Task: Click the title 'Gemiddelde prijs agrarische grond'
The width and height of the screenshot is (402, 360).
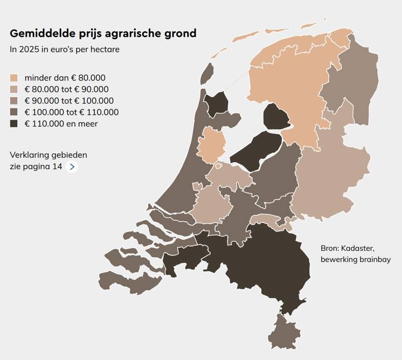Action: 103,34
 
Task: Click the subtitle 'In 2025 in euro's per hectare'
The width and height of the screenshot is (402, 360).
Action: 65,49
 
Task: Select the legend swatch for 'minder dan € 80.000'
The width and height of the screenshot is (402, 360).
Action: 14,78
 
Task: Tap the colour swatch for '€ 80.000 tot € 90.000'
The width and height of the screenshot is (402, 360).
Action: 14,89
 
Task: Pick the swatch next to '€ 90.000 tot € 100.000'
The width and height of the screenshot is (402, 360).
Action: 14,101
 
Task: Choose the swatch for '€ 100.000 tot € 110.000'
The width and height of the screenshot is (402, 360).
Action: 14,112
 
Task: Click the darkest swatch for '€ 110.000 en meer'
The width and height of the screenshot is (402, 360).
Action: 14,124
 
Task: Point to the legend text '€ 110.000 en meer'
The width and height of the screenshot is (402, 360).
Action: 61,124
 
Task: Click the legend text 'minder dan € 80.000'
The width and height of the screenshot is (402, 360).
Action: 65,78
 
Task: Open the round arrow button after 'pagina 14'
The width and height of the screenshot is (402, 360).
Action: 72,167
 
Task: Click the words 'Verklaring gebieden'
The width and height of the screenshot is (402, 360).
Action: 49,155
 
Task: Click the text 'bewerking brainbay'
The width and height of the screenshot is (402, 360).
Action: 356,259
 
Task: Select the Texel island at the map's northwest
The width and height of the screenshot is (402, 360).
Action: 207,74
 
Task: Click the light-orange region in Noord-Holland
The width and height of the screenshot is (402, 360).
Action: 211,144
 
